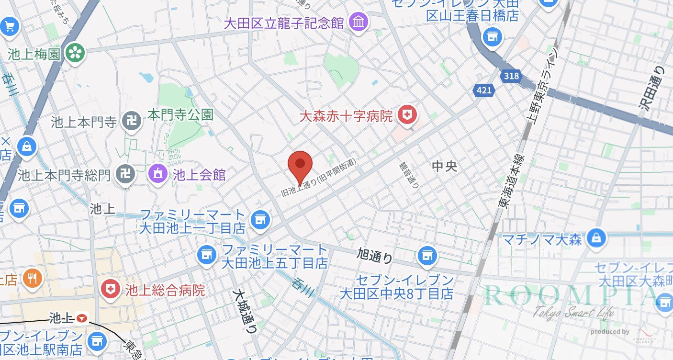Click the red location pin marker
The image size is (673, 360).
coord(300,164)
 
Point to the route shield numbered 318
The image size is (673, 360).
coord(511,76)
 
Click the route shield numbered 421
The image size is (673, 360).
coord(484,90)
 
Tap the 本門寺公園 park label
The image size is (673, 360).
coord(180,115)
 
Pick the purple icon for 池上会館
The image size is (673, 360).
coord(158,174)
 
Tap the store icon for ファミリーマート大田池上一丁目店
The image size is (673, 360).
coord(260,220)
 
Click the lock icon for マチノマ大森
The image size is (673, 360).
coord(596,237)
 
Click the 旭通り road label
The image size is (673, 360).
coord(374,256)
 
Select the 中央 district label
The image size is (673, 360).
coord(445,166)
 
